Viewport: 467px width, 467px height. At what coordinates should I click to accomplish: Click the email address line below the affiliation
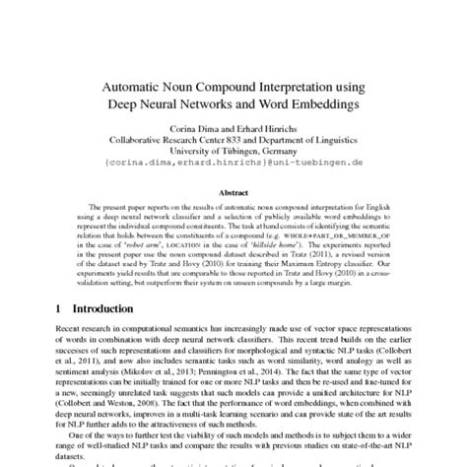pyautogui.click(x=233, y=162)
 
